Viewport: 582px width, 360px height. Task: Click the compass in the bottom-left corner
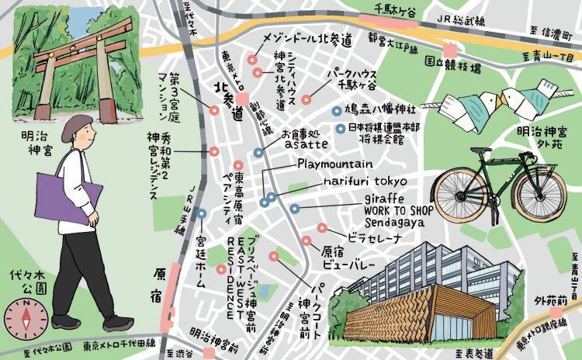(25, 319)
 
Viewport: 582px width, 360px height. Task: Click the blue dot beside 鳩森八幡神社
(336, 110)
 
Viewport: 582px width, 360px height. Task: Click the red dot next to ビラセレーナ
(321, 228)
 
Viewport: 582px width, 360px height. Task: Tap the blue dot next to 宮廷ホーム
(201, 213)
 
